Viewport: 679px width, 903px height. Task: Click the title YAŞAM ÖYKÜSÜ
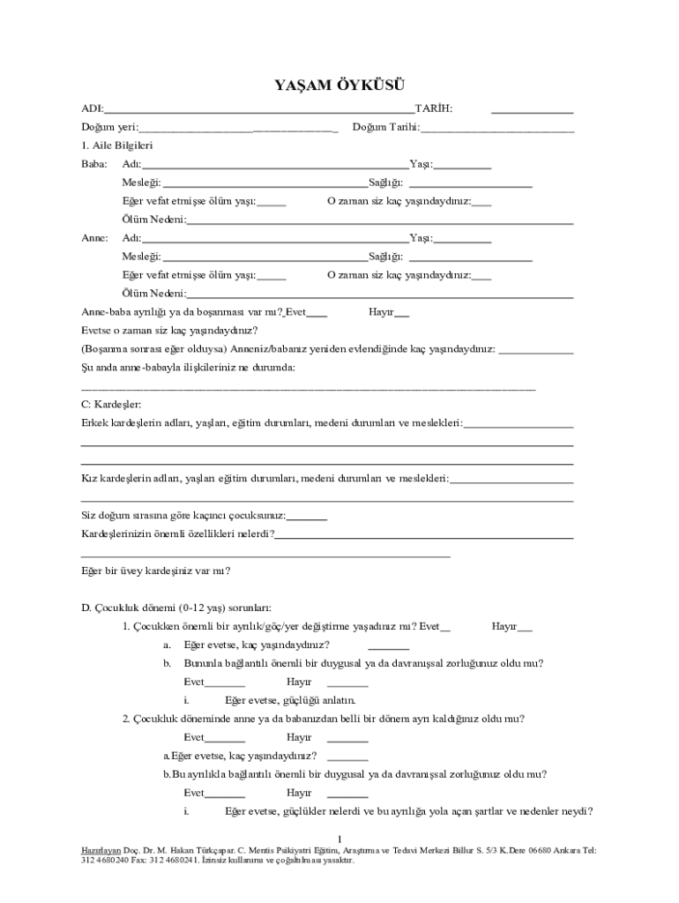339,86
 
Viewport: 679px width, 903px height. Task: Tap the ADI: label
92,108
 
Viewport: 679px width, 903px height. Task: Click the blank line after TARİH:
532,109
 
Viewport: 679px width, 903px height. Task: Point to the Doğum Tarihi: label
385,128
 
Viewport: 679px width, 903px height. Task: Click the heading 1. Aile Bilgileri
116,146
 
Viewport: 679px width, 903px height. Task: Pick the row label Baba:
94,165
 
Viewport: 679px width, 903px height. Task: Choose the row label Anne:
95,238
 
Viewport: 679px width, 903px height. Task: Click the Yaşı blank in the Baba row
462,166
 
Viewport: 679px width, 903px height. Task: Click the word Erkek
94,423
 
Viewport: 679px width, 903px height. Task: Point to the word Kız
88,479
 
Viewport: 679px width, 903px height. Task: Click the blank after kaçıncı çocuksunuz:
307,516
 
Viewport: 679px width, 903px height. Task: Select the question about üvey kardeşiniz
156,571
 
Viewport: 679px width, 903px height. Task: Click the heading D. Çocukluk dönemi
176,608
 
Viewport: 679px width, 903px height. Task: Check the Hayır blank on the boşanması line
401,312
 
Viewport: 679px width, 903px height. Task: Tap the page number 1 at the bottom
339,837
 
